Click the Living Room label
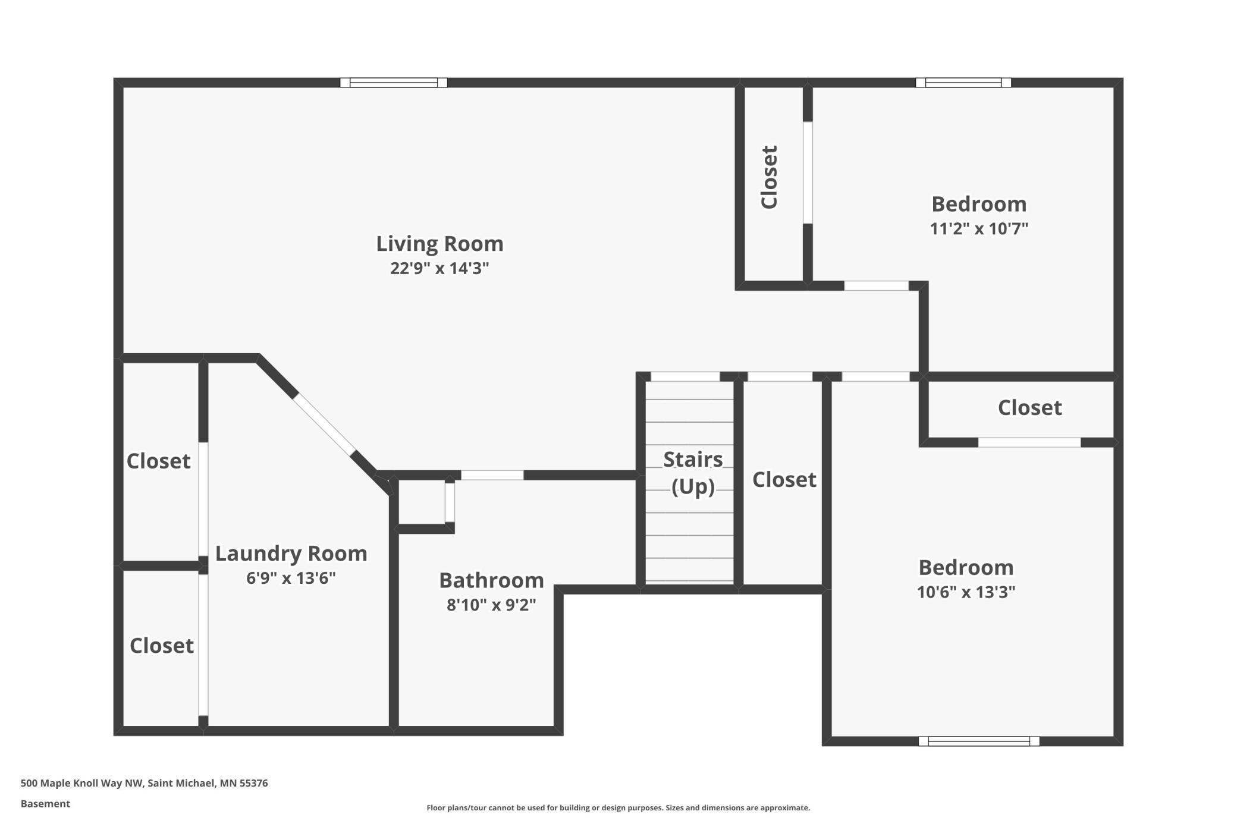[x=439, y=244]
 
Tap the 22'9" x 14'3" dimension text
[x=439, y=268]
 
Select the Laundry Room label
[x=291, y=553]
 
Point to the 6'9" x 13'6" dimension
[x=291, y=578]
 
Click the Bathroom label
[x=491, y=580]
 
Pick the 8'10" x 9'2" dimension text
[x=491, y=605]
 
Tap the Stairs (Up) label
[x=693, y=473]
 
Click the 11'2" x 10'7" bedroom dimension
[x=979, y=228]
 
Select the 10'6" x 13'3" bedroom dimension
[x=966, y=592]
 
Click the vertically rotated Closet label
[x=769, y=177]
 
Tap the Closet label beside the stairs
[x=784, y=480]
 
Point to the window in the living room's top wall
[x=394, y=83]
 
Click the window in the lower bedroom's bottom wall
[x=979, y=741]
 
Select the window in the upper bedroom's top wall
[x=963, y=83]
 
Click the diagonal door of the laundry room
[x=325, y=424]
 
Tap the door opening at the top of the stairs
[x=685, y=376]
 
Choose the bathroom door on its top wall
[x=492, y=475]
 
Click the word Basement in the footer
[x=45, y=804]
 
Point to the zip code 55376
[x=254, y=783]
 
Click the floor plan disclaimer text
[x=618, y=807]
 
